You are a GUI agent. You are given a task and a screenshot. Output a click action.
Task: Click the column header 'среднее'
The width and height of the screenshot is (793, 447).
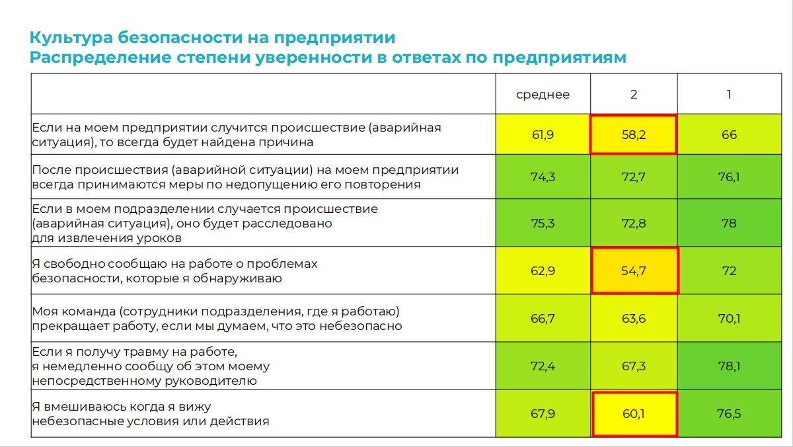point(543,95)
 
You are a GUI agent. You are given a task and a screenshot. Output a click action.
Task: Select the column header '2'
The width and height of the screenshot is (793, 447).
point(634,95)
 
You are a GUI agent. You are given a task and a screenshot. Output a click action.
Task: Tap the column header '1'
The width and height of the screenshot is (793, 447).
point(729,95)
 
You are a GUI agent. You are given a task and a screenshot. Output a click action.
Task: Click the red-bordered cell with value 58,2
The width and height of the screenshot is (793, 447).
point(634,135)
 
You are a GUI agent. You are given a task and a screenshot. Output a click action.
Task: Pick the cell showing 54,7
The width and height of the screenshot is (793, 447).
point(634,271)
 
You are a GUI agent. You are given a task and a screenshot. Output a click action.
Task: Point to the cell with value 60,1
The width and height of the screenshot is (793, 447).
point(634,414)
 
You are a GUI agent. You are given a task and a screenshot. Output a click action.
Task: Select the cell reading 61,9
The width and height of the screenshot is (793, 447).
point(543,135)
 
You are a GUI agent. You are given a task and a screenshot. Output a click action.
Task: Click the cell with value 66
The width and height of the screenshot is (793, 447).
point(729,135)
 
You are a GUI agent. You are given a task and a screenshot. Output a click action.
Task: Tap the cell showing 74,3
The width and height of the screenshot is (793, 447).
point(543,177)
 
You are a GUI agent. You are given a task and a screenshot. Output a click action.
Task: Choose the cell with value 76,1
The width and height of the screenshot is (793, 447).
point(729,177)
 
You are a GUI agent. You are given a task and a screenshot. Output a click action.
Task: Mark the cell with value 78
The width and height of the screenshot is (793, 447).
point(729,223)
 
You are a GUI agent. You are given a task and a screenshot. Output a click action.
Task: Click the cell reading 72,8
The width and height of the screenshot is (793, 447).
point(634,223)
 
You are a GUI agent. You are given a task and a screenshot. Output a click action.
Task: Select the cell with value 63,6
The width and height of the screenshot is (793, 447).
point(634,319)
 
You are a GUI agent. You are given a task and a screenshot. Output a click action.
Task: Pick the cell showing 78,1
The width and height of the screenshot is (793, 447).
point(729,366)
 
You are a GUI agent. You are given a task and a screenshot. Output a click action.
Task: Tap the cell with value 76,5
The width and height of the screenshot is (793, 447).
point(729,414)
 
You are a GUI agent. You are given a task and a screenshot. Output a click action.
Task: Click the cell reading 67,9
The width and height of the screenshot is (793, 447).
point(543,414)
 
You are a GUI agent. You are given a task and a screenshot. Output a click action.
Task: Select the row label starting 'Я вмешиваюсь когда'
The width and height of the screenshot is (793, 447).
point(151,413)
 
